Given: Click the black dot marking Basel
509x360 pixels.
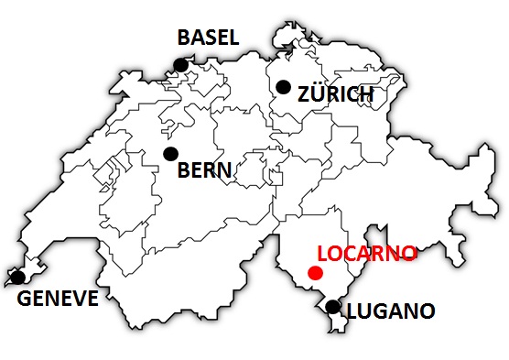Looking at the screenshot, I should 181,64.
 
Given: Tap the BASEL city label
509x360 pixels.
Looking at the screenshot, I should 208,38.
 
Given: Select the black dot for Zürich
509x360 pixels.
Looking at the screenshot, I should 283,87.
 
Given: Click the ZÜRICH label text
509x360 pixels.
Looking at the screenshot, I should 336,94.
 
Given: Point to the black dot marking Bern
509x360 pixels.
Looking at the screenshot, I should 170,153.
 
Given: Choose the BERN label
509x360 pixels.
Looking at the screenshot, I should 204,169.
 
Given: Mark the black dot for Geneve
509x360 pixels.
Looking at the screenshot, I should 17,277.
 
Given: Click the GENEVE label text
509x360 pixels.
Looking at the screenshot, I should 58,299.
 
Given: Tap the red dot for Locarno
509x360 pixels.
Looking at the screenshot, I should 315,273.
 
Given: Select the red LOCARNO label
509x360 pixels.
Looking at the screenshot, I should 366,253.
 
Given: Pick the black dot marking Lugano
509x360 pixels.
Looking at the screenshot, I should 333,307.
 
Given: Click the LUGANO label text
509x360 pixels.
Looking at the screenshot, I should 391,311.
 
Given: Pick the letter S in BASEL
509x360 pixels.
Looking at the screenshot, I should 210,38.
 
